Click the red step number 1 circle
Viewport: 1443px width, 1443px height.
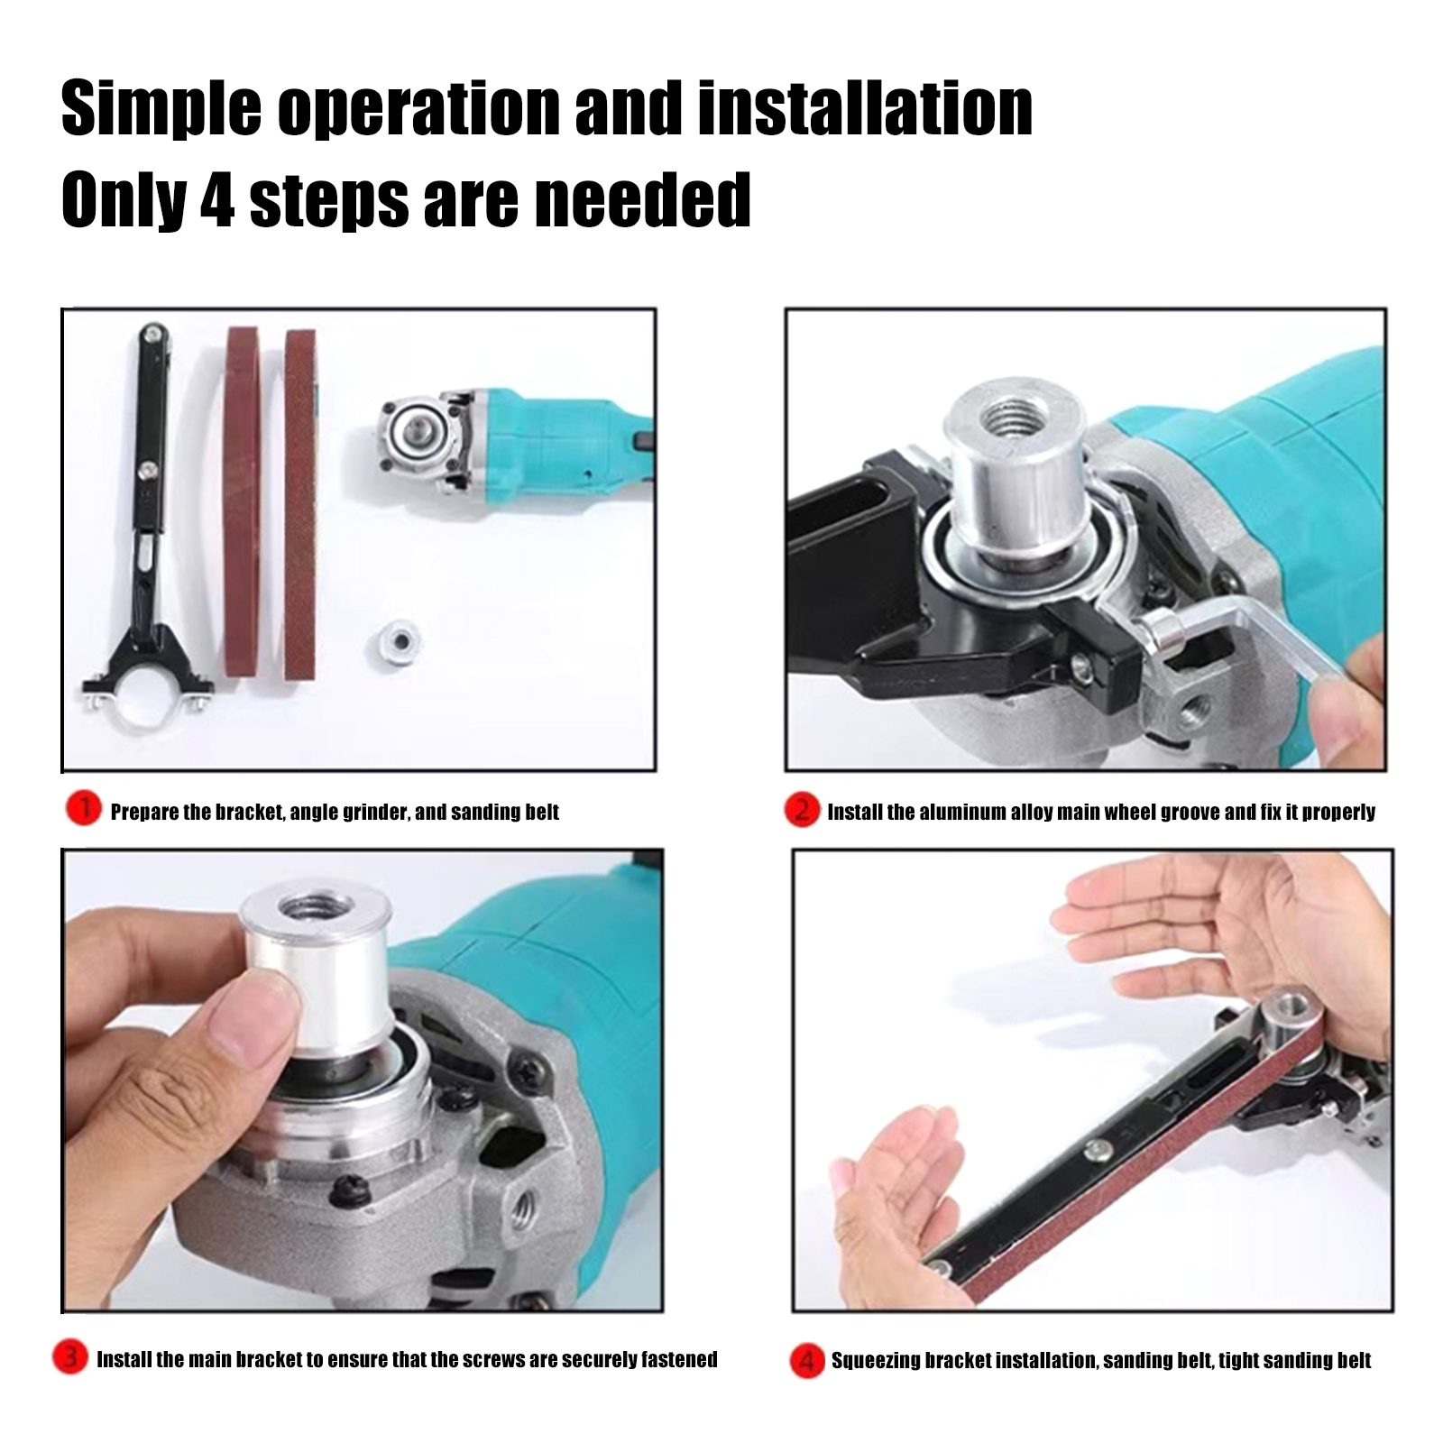(83, 810)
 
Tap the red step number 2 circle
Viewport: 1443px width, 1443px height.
(801, 811)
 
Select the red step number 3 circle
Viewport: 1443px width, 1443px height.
(69, 1359)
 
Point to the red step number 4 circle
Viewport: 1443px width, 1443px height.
(807, 1360)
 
